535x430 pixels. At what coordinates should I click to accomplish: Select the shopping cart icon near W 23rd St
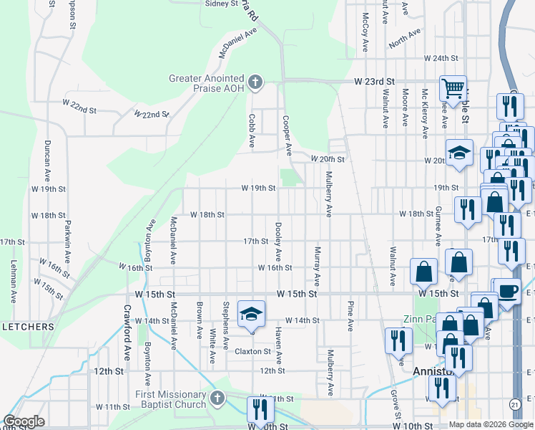tap(453, 88)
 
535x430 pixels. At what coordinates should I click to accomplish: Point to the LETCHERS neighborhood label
tap(28, 327)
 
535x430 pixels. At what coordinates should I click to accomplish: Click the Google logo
tap(24, 421)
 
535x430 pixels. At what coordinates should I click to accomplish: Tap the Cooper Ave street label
tap(286, 136)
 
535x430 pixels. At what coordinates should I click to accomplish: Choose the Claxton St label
tap(254, 352)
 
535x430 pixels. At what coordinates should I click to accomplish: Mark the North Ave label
tap(404, 39)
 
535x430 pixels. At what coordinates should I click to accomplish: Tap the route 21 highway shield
tap(515, 405)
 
